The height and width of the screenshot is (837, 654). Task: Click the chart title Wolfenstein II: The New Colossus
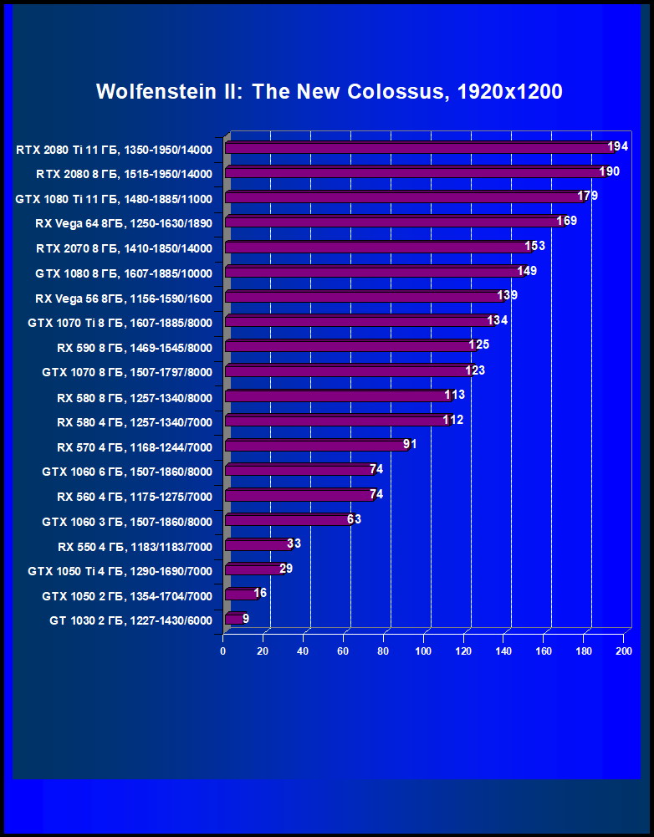(x=329, y=92)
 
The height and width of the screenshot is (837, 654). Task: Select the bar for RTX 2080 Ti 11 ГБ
(x=418, y=149)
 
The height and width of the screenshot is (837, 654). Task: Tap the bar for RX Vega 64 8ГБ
(x=393, y=223)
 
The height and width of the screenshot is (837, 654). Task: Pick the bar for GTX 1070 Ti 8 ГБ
(x=360, y=322)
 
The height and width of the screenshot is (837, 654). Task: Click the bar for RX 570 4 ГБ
(x=316, y=446)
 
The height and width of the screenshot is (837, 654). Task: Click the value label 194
(x=618, y=147)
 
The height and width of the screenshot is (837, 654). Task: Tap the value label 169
(x=567, y=222)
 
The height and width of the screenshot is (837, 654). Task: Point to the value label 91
(x=410, y=444)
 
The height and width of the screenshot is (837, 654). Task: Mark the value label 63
(x=354, y=518)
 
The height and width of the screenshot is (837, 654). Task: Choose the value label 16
(x=260, y=593)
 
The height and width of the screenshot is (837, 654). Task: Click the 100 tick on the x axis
(x=423, y=651)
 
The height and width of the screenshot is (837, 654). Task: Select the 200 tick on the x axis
(x=623, y=651)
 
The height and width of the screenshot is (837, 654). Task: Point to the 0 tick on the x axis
(x=223, y=651)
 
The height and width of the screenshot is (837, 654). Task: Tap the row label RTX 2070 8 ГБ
(x=124, y=248)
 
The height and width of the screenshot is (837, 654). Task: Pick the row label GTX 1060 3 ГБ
(x=127, y=522)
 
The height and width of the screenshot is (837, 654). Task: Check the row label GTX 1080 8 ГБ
(x=124, y=273)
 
